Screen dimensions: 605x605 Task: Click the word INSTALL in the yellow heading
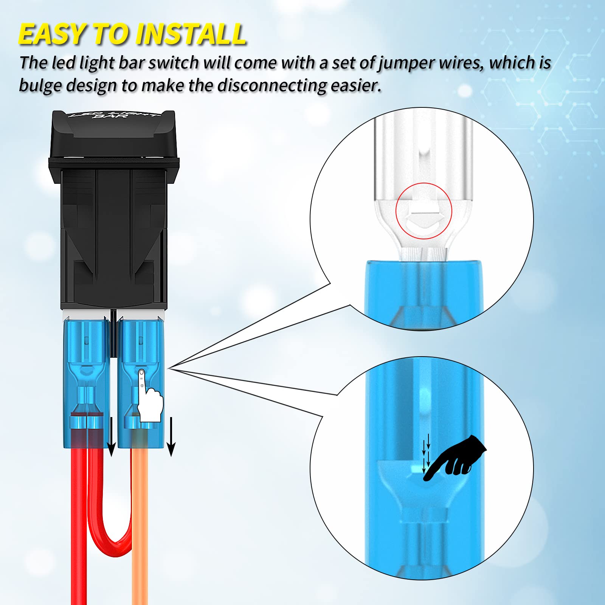point(191,34)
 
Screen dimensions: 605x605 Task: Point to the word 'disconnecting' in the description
point(272,86)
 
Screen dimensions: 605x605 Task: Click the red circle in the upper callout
point(423,211)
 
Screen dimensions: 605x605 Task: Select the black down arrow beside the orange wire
point(171,437)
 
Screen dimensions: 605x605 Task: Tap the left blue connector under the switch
point(86,382)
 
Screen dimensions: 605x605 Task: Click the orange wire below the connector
point(140,529)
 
